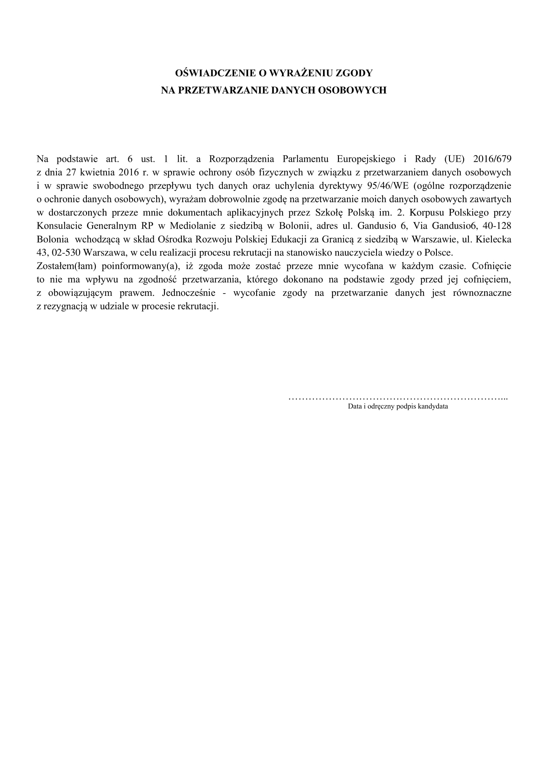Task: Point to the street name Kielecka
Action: [x=493, y=239]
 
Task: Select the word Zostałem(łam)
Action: [x=67, y=266]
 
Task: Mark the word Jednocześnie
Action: [x=189, y=293]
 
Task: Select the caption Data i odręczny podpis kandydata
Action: [x=398, y=407]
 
